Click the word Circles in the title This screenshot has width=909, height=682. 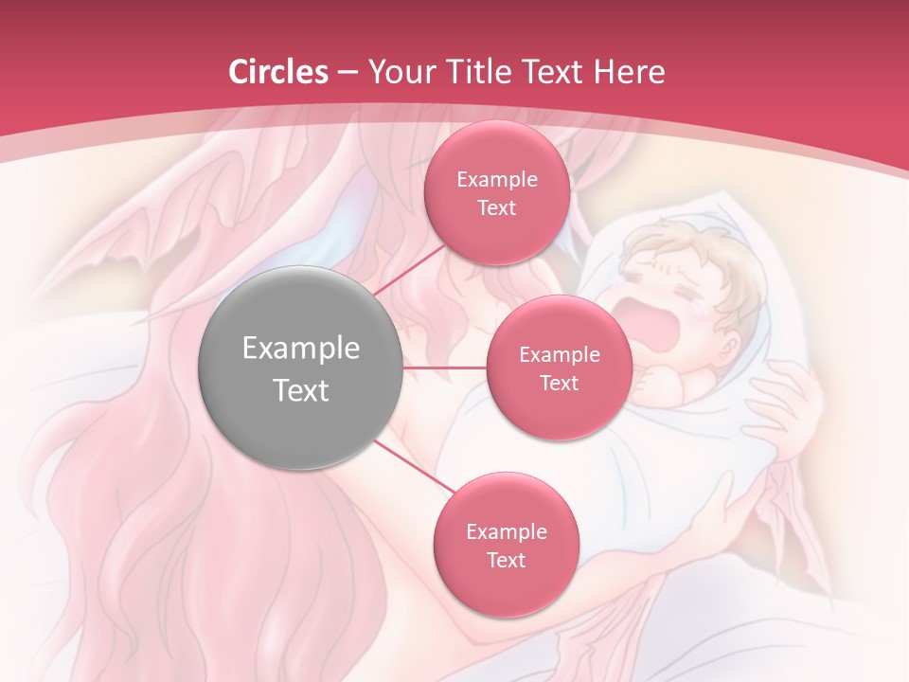coord(277,72)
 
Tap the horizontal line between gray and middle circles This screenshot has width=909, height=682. coord(445,367)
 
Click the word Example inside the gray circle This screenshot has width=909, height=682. coord(300,349)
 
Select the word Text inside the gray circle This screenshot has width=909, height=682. coord(300,390)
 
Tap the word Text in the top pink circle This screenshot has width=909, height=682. coord(496,208)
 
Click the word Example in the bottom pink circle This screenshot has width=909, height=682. coord(506,531)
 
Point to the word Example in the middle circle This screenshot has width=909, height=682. coord(559,355)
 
